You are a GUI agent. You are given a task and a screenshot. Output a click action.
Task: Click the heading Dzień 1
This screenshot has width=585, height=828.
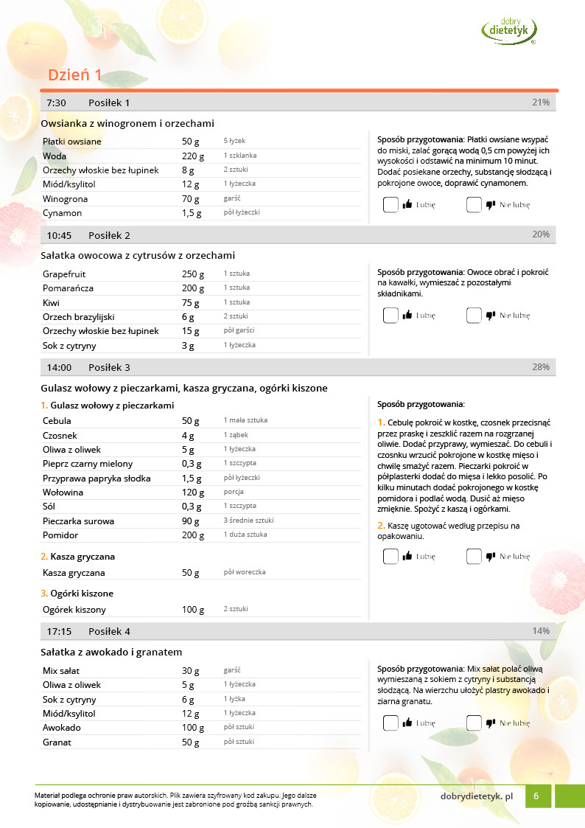point(75,75)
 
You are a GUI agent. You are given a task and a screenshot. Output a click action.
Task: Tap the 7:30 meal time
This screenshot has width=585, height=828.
point(57,102)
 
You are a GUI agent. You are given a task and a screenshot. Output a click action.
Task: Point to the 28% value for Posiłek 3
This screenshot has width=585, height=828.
point(541,367)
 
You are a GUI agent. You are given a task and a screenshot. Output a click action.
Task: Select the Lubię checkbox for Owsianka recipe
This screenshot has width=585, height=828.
point(390,205)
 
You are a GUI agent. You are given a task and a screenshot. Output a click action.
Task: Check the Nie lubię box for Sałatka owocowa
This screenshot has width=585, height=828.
point(474,316)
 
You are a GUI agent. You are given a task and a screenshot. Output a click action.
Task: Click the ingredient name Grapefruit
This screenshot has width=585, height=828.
point(64,274)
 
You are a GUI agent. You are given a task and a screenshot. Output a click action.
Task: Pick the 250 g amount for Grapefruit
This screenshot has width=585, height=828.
point(193,274)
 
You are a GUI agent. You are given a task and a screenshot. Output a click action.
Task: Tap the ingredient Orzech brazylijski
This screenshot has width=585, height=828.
point(79,317)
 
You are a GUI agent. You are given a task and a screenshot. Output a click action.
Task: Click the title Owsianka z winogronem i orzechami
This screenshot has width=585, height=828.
point(127,123)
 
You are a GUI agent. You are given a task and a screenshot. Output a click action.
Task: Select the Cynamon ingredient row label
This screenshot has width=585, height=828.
point(62,213)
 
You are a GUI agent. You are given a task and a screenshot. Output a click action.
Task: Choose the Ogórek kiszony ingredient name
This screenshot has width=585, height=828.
point(74,610)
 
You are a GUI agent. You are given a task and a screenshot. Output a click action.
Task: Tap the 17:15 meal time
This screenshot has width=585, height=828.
point(59,631)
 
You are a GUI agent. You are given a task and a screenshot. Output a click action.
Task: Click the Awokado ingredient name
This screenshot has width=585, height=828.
point(62,728)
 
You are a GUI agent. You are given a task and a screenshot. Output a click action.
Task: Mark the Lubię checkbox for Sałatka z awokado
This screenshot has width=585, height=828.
point(390,723)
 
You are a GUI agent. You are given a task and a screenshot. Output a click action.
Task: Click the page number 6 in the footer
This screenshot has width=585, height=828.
point(537,796)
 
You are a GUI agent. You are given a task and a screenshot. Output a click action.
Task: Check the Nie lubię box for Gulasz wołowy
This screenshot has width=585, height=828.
point(474,557)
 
